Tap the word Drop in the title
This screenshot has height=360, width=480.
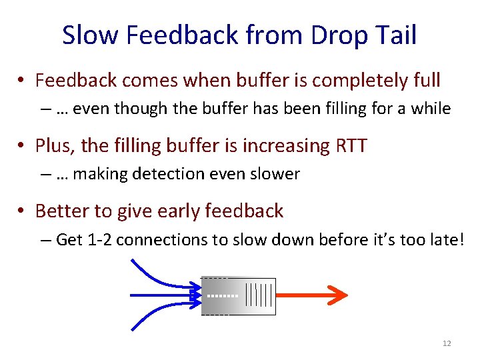323,35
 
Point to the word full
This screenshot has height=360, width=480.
424,81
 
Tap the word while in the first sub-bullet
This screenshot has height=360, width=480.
431,109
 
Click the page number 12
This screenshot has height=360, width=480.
447,343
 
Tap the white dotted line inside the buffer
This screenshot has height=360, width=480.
223,295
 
